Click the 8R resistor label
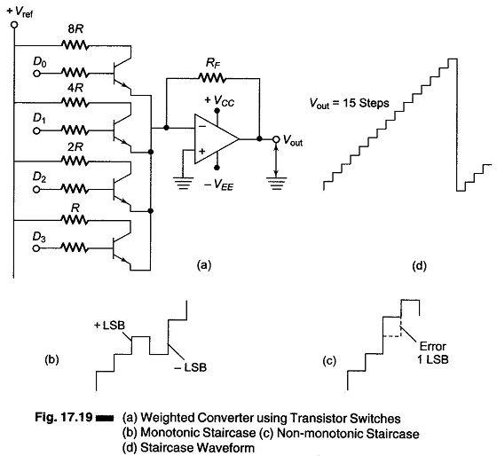coord(75,29)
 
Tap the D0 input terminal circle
coord(36,74)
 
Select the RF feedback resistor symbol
coord(211,77)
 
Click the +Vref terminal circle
coord(14,25)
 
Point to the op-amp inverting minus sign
coord(202,127)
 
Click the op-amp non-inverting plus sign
coord(202,151)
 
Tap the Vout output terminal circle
coord(276,139)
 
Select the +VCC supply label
coord(219,100)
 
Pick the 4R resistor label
coord(75,88)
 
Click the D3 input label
coord(39,237)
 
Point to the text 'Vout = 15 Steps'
coord(350,103)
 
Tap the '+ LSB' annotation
coord(110,325)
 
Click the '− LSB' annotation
coord(191,367)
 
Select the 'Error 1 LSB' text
coord(433,353)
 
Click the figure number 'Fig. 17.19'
coord(63,417)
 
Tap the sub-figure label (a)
coord(203,265)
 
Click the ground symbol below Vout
coord(276,183)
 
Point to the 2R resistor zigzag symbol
coord(75,161)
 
